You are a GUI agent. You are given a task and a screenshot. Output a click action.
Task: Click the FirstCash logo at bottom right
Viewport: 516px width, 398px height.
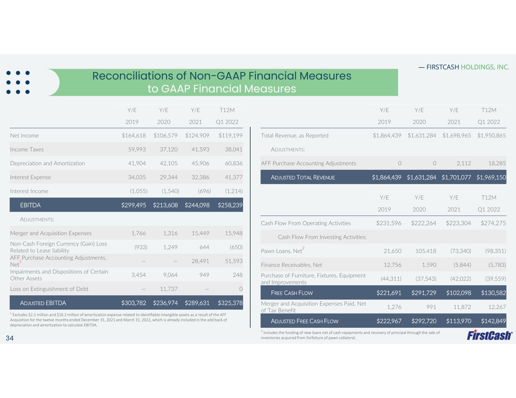tap(490, 335)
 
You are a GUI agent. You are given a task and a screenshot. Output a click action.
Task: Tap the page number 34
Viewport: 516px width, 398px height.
tap(10, 338)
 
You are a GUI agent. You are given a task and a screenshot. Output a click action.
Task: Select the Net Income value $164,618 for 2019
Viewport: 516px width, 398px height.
tap(133, 135)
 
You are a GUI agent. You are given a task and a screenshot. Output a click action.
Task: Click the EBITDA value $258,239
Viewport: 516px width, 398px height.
tap(230, 205)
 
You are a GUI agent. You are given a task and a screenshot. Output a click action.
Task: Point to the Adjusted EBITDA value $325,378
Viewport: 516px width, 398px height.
tap(230, 303)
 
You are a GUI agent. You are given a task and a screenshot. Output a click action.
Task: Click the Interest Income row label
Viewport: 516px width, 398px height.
tap(29, 191)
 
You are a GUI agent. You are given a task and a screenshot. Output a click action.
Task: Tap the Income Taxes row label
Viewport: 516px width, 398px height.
tap(27, 149)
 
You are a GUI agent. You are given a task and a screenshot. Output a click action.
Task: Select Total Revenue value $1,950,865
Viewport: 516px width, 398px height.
tap(491, 135)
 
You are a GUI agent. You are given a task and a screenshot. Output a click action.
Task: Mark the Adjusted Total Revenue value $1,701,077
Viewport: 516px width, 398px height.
tap(456, 177)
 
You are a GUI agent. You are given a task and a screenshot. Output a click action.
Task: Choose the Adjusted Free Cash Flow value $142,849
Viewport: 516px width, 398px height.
tap(493, 321)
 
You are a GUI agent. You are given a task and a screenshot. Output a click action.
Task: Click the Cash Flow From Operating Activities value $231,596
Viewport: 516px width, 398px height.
tap(389, 223)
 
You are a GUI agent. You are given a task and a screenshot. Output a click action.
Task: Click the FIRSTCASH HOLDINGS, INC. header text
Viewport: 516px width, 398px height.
tap(467, 67)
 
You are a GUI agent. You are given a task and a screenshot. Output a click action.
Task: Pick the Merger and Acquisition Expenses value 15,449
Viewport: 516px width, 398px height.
tap(200, 233)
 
